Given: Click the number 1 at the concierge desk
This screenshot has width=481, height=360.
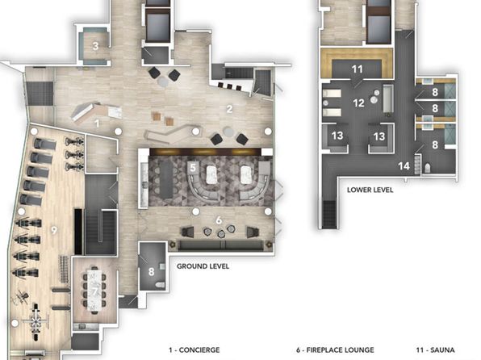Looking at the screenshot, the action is tap(97, 123).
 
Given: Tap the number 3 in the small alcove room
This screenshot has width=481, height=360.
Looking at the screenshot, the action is tap(95, 46).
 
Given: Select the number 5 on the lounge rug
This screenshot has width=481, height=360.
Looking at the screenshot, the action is tap(193, 168).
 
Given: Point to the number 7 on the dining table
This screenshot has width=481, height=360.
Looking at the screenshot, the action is tap(94, 291).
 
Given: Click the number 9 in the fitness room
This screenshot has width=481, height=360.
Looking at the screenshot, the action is tap(54, 230).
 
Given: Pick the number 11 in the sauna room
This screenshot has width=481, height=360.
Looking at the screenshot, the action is tap(358, 69).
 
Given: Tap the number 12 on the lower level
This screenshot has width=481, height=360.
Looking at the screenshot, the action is tap(358, 103).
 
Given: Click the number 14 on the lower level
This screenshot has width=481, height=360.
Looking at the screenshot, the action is tap(404, 166).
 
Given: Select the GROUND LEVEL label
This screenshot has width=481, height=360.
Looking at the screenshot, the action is tap(203, 266).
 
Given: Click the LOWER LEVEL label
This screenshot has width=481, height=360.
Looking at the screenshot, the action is tap(370, 190).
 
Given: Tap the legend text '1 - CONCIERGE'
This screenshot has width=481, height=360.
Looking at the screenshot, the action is tap(194, 350).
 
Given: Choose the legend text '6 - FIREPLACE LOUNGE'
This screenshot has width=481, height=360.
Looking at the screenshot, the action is tap(335, 350).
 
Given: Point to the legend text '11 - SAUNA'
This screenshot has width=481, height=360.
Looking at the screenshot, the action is tap(435, 350).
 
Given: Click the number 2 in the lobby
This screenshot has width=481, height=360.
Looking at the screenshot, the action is tap(229, 109).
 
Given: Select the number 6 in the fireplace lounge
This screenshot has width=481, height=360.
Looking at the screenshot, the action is tap(219, 220).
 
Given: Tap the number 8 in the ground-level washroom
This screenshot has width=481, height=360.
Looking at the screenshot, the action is tap(151, 271).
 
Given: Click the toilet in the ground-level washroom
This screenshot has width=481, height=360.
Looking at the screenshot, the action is tap(160, 285).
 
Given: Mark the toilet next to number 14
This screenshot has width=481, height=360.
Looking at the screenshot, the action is tap(428, 168).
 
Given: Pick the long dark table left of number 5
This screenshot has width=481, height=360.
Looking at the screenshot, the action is tap(166, 179).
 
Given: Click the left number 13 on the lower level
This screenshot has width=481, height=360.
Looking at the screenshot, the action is tap(337, 136).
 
